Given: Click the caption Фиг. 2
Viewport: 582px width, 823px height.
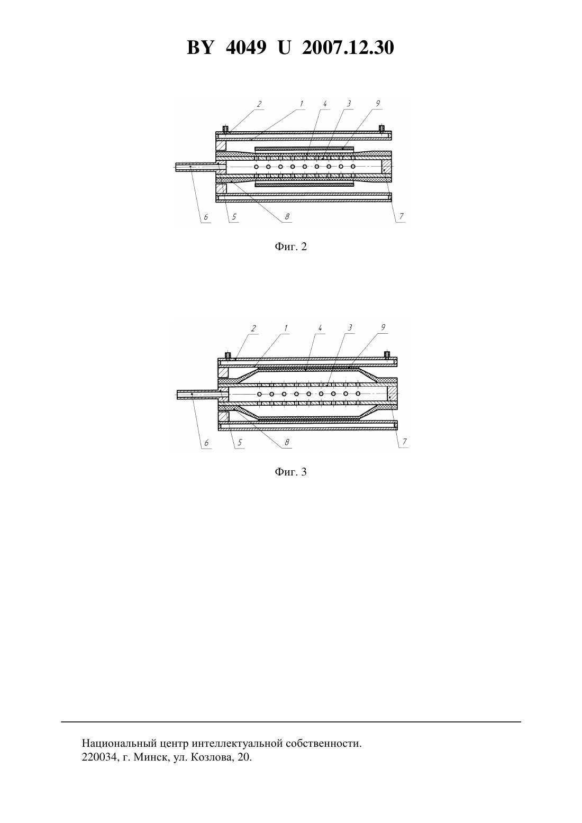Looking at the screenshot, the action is [x=290, y=246].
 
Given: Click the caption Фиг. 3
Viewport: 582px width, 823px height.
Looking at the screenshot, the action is [x=290, y=472].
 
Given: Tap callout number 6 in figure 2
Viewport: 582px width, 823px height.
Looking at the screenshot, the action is [x=206, y=217].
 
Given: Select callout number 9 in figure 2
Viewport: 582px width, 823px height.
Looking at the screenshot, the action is [x=378, y=104].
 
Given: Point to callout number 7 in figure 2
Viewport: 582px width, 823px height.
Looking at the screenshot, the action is [x=401, y=216].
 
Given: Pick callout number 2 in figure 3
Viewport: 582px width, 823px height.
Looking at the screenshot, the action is [x=253, y=328].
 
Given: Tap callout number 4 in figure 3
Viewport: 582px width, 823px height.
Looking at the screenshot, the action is [x=320, y=328].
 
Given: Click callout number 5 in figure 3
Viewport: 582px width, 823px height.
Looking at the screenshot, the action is [x=240, y=443].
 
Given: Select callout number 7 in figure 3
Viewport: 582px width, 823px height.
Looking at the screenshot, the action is [x=405, y=442].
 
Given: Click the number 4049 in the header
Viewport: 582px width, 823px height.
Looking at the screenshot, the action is [x=246, y=48].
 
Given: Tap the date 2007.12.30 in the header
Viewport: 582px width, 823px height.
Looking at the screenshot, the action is [x=348, y=48].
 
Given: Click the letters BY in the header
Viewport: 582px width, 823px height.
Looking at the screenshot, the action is [x=200, y=48].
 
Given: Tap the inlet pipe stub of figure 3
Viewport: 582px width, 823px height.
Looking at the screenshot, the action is [x=198, y=394].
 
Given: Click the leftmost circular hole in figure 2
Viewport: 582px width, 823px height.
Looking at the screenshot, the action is [x=257, y=167].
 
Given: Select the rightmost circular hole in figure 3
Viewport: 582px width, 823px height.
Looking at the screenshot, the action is [x=358, y=394].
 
